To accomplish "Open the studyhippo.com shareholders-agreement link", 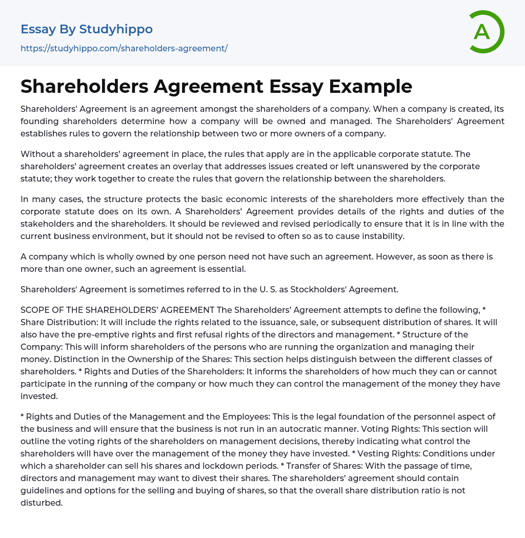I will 124,48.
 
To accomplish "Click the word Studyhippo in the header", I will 116,29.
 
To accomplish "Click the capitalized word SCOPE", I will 35,310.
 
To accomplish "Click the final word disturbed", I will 41,503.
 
